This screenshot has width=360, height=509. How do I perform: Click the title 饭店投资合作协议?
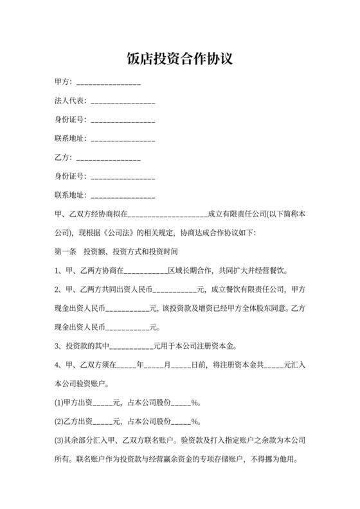coord(179,60)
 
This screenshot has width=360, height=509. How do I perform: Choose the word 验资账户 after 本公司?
coord(92,384)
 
